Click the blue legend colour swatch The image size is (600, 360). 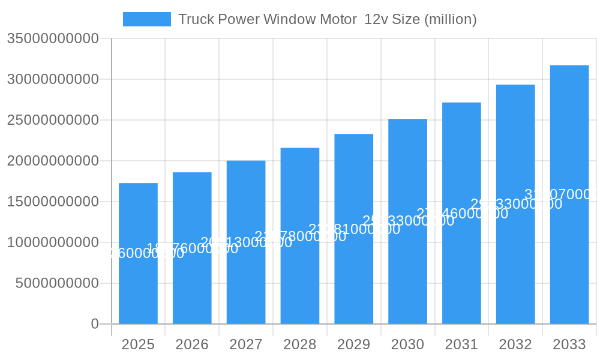click(147, 19)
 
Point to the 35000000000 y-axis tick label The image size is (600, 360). click(53, 38)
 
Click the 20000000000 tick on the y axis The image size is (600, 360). click(53, 161)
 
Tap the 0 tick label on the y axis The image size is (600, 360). click(95, 324)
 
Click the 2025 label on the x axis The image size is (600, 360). click(138, 344)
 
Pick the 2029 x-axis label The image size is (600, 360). click(354, 344)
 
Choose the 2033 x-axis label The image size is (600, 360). click(569, 344)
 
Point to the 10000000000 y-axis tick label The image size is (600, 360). click(53, 242)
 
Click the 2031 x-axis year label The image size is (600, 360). click(461, 344)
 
